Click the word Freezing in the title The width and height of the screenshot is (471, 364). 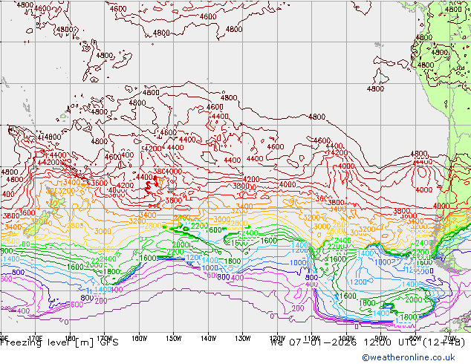(x=21, y=343)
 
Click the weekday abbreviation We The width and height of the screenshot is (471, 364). (x=277, y=343)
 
